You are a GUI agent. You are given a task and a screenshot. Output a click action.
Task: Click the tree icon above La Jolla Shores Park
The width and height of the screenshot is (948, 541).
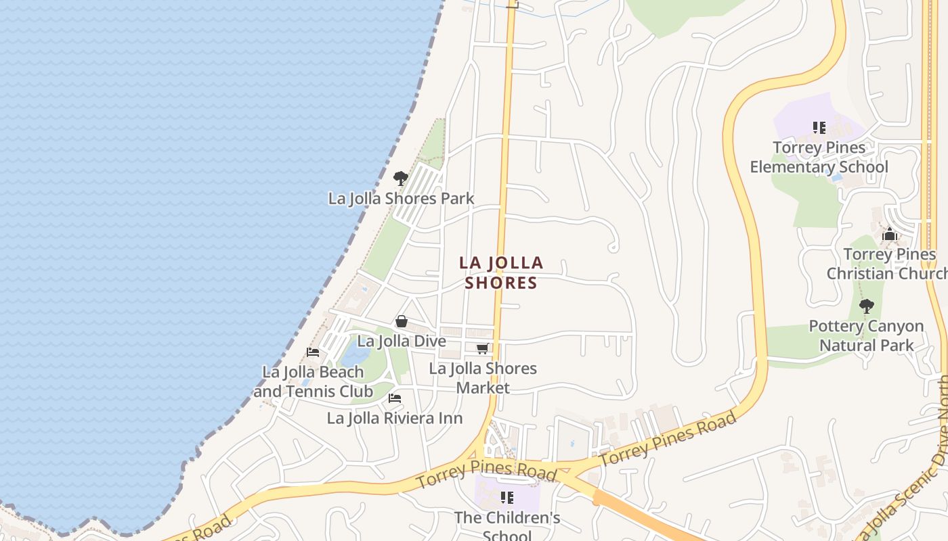click(401, 179)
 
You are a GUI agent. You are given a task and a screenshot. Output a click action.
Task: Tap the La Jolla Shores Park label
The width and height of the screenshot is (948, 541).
click(401, 199)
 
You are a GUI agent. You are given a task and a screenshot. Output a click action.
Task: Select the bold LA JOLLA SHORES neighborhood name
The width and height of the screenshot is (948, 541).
click(501, 273)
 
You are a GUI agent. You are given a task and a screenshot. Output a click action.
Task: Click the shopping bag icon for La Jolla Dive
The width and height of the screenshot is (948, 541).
click(402, 321)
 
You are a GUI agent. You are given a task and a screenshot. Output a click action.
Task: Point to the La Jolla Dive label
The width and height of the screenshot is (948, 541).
click(402, 342)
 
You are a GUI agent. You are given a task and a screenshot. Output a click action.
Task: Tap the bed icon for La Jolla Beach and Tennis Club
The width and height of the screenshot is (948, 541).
click(313, 352)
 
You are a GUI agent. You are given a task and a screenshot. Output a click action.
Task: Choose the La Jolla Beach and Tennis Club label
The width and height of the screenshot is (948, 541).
click(314, 381)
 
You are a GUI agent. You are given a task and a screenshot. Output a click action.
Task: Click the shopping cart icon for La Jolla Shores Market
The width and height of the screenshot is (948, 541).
click(483, 349)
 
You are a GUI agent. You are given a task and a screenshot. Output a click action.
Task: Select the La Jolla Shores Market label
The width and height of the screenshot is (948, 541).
click(483, 378)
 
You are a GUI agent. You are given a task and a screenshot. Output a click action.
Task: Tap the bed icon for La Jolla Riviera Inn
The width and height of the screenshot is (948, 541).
click(395, 398)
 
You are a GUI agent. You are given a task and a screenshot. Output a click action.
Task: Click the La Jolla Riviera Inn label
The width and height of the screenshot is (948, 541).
click(395, 418)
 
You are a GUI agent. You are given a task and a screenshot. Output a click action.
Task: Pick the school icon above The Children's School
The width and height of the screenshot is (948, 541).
click(507, 498)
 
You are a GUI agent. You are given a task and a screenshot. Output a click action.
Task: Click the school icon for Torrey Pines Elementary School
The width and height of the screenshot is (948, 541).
click(819, 127)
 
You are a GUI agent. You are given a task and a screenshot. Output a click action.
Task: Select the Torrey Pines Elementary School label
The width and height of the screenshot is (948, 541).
click(819, 157)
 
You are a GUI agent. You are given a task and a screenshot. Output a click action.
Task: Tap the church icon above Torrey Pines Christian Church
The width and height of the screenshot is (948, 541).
click(890, 235)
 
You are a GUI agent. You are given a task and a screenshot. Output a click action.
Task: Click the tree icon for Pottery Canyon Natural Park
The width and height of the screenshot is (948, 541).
click(867, 306)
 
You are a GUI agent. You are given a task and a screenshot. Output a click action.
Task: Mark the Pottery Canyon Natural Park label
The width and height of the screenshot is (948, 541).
click(867, 335)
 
